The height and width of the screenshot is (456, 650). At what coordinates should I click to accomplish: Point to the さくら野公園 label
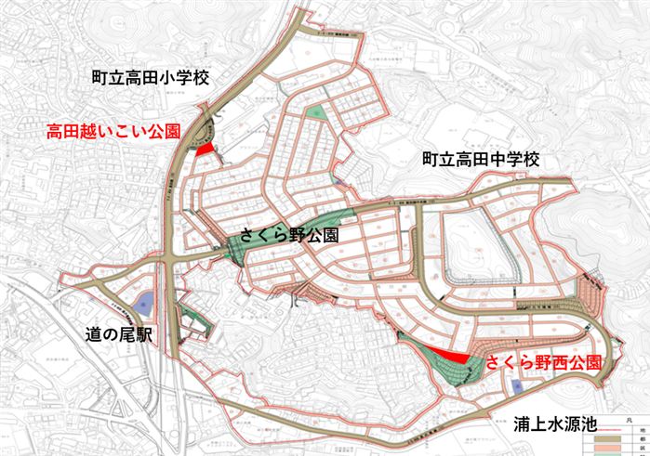click(x=287, y=236)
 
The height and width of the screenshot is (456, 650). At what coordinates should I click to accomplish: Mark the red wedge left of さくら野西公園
click(x=452, y=357)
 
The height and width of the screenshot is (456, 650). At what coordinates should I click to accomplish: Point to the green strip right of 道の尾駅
click(x=192, y=321)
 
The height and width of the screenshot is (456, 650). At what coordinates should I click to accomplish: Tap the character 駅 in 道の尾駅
click(x=153, y=333)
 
